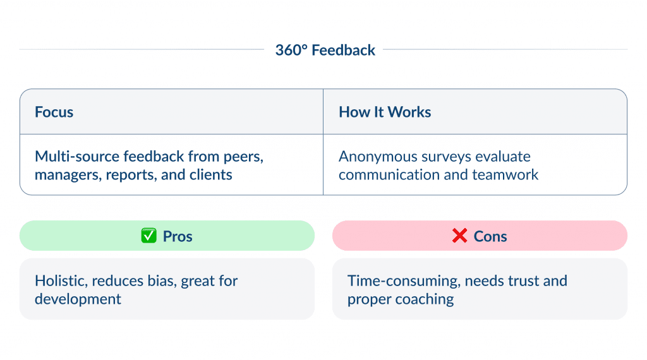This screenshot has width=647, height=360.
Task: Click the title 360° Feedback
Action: click(x=325, y=50)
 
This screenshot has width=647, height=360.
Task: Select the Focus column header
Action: click(x=54, y=112)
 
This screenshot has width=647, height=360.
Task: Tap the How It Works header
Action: click(x=385, y=112)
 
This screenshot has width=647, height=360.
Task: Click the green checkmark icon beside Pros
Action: click(x=148, y=236)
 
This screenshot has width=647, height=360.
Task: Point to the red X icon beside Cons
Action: click(x=459, y=236)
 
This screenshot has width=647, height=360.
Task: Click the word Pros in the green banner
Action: click(x=178, y=236)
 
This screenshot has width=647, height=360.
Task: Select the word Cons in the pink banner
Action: click(x=490, y=236)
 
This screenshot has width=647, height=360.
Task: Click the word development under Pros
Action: click(x=78, y=299)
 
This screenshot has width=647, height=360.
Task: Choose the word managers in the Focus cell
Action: click(x=64, y=174)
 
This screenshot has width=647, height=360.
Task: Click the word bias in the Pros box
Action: click(x=161, y=280)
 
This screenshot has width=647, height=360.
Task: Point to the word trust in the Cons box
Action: click(x=511, y=280)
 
